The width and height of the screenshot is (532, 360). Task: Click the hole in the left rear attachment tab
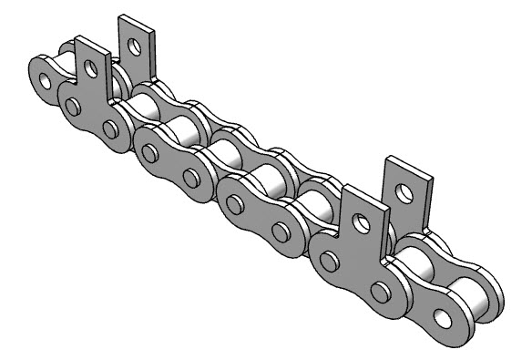click(x=136, y=43)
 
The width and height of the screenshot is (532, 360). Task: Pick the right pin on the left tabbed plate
click(x=110, y=129)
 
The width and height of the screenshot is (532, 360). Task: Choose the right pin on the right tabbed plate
click(x=379, y=291)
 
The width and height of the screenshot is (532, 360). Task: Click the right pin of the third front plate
click(x=277, y=235)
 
